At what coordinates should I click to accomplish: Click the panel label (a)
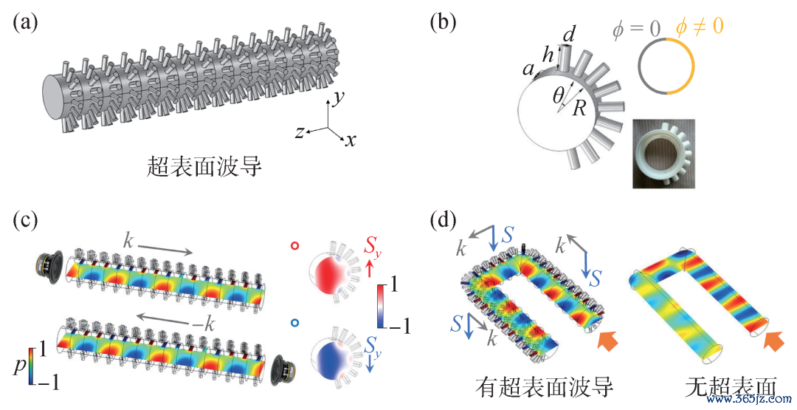[x=24, y=24]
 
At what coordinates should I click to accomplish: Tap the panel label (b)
[x=444, y=24]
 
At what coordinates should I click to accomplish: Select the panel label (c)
[x=24, y=219]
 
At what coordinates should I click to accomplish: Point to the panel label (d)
[x=444, y=219]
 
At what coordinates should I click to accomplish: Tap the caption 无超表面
[x=731, y=388]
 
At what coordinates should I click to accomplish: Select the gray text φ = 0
[x=636, y=27]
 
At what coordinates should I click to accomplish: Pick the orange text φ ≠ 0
[x=698, y=27]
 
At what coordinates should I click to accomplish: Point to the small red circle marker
[x=294, y=246]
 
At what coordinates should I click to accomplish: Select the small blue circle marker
[x=294, y=323]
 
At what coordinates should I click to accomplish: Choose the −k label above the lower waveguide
[x=208, y=324]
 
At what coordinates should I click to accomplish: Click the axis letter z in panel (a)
[x=300, y=132]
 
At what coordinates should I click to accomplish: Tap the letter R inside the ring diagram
[x=579, y=109]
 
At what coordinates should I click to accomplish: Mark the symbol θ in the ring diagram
[x=559, y=95]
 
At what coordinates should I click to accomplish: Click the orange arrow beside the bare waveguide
[x=774, y=339]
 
